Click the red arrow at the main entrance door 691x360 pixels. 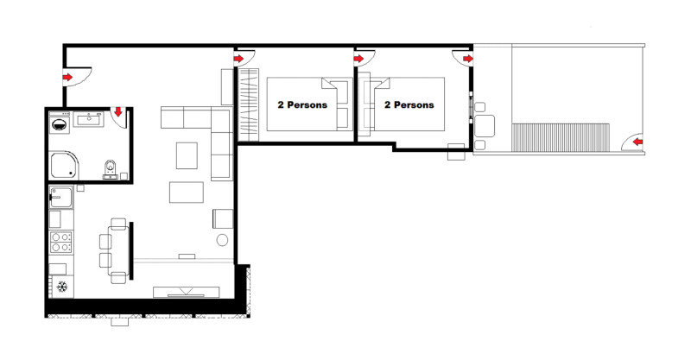point(67,78)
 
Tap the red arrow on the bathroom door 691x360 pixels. point(118,112)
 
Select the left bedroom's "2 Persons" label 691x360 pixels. point(302,104)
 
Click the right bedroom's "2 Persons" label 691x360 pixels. point(409,104)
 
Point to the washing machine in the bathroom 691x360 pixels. point(60,123)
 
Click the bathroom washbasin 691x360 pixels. point(89,119)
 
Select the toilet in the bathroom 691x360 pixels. point(110,168)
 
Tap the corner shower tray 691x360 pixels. point(64,165)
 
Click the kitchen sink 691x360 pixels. point(60,197)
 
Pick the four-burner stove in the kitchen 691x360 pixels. point(60,242)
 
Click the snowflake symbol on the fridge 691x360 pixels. point(62,287)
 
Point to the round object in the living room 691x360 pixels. point(223,240)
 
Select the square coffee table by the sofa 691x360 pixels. point(187,155)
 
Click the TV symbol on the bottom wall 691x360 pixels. point(186,292)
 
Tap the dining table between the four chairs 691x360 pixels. point(118,250)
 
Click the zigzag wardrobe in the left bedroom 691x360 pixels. point(248,104)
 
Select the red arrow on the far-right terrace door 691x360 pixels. point(637,142)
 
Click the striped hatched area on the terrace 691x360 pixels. point(561,137)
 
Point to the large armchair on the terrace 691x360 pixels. point(485,126)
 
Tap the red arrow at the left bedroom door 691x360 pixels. point(238,59)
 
